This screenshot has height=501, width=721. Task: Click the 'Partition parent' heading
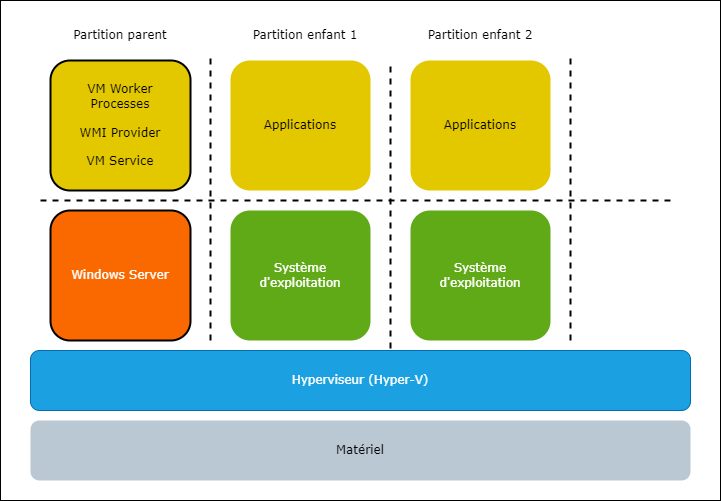click(120, 35)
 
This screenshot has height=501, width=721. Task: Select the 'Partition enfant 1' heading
click(305, 35)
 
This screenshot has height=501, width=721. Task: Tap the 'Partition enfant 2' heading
click(480, 35)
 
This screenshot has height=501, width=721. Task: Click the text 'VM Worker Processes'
click(120, 96)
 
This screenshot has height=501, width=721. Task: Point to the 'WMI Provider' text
click(120, 132)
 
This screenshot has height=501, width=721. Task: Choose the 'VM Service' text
click(120, 160)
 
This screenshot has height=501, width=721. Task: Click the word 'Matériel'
click(360, 450)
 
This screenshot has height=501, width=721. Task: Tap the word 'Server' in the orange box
click(148, 275)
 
